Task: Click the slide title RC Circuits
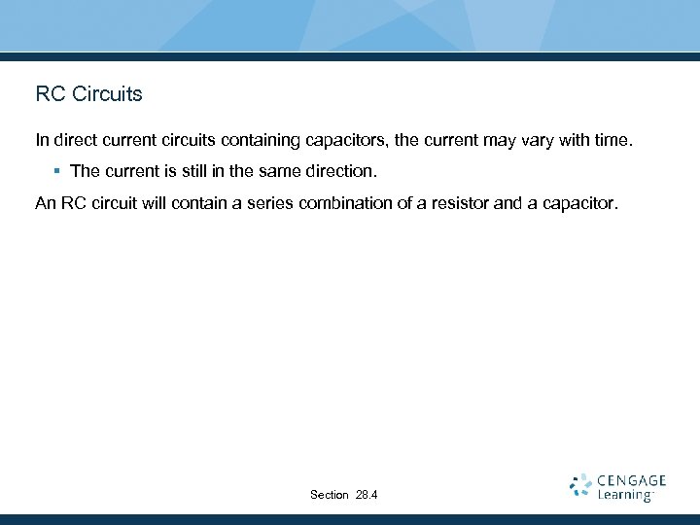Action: point(88,94)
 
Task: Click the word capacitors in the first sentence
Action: point(349,141)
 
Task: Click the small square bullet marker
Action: point(57,171)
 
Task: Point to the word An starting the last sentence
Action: point(46,205)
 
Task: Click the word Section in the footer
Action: point(330,495)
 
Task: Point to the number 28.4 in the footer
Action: point(367,495)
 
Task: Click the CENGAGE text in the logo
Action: point(631,480)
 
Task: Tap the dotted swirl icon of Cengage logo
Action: point(581,486)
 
